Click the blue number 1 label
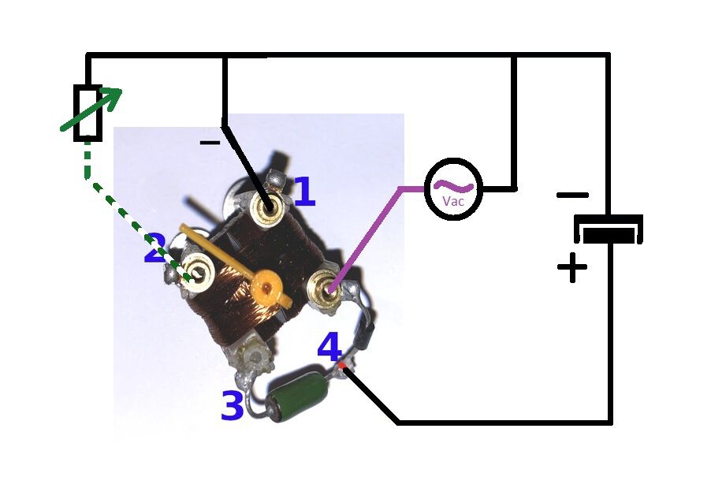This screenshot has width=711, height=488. click(305, 192)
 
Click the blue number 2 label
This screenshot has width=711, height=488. click(155, 248)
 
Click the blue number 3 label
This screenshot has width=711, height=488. click(233, 406)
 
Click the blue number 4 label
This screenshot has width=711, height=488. click(329, 347)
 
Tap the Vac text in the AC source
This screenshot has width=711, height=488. click(453, 201)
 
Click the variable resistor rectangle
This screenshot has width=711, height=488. click(87, 113)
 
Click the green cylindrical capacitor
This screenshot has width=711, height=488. click(296, 393)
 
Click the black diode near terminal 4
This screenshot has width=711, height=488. click(365, 333)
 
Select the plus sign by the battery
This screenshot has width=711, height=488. click(571, 267)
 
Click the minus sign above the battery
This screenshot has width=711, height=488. click(573, 196)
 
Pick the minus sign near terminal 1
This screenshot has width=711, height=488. click(210, 143)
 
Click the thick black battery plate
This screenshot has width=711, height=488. click(609, 236)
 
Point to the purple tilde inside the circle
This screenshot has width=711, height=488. click(453, 186)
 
